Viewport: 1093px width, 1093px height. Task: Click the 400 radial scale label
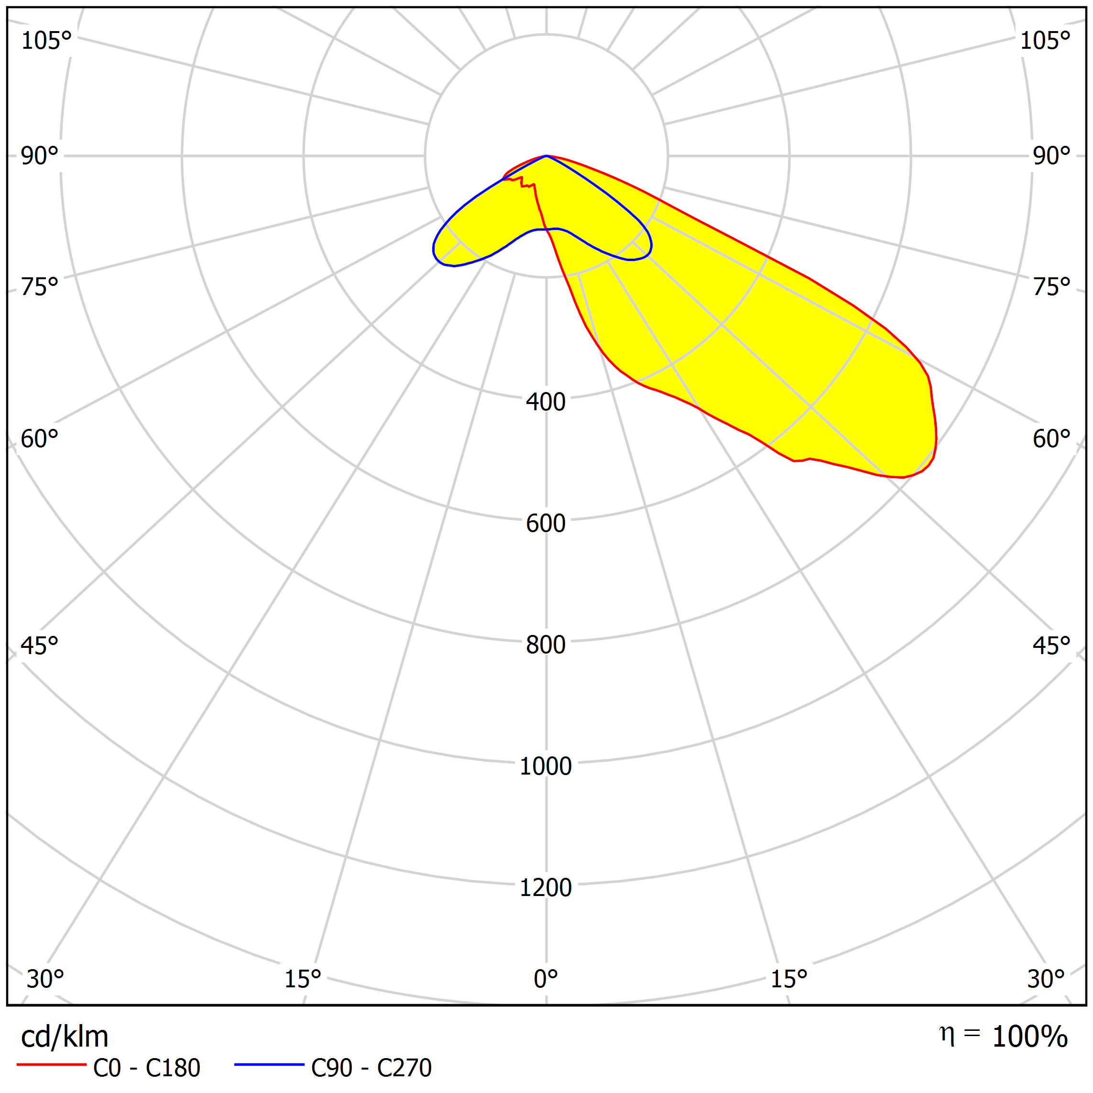click(546, 402)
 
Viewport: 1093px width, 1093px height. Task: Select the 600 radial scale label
click(546, 523)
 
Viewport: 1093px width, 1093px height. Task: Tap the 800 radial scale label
click(546, 645)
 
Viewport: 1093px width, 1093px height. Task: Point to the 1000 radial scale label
click(546, 766)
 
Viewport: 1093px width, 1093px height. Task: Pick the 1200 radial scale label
click(546, 887)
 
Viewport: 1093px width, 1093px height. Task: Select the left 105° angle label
click(46, 41)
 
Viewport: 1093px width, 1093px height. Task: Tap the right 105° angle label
click(1045, 41)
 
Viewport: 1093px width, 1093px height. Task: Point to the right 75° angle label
click(1051, 287)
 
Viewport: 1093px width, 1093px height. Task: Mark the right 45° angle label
click(1051, 645)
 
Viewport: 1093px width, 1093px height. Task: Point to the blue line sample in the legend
click(269, 1065)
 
